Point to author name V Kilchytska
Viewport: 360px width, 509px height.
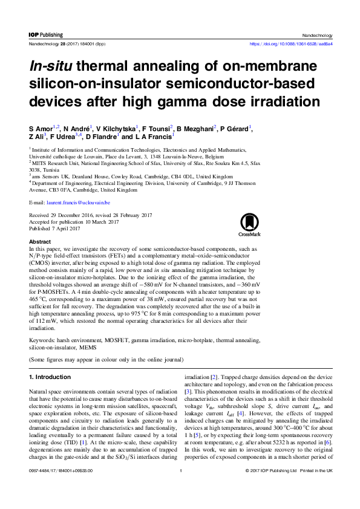[117, 128]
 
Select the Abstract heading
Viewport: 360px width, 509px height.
[40, 241]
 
